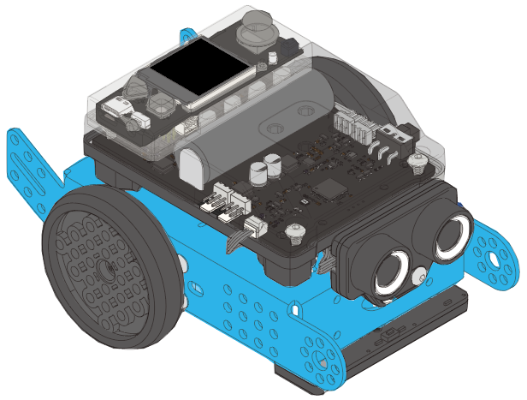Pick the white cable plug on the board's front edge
tap(255, 225)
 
